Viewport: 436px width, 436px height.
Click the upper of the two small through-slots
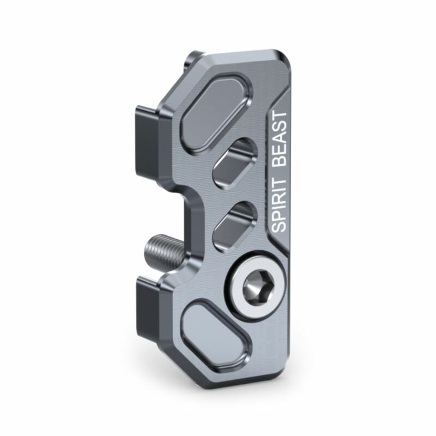235,161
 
